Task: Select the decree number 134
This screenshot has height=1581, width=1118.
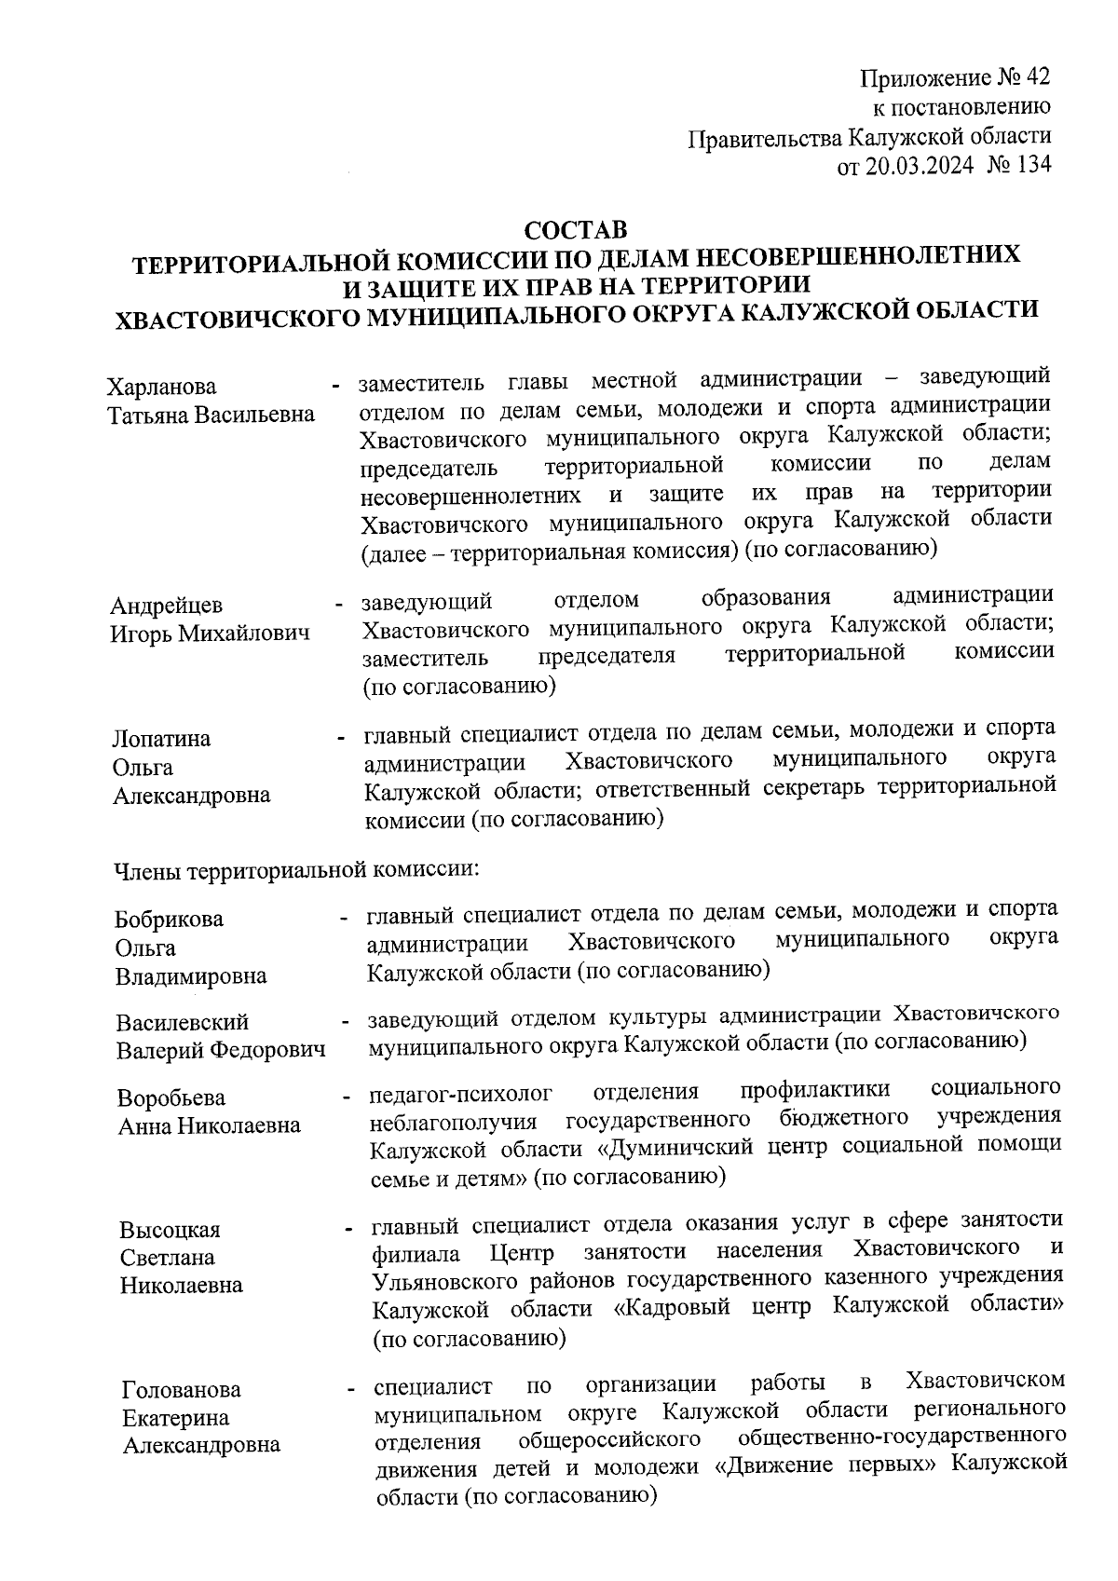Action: (1032, 165)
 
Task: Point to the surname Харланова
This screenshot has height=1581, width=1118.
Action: (162, 386)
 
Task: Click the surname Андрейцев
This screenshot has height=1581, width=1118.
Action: (167, 606)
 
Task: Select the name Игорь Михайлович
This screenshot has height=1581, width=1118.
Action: (210, 634)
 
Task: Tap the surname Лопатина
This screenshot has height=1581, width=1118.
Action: (161, 738)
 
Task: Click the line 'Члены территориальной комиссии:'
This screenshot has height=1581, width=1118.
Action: (295, 869)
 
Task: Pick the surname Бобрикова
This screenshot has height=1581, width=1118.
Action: (169, 919)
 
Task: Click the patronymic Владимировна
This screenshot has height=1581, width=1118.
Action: (191, 976)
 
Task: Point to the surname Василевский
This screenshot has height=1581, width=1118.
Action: (183, 1022)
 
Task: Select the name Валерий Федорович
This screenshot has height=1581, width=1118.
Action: (221, 1050)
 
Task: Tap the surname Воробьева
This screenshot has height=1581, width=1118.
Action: (171, 1097)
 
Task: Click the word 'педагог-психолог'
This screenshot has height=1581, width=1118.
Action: (461, 1090)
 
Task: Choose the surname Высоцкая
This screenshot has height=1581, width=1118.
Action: (170, 1229)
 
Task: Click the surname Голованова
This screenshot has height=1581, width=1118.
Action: (182, 1389)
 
